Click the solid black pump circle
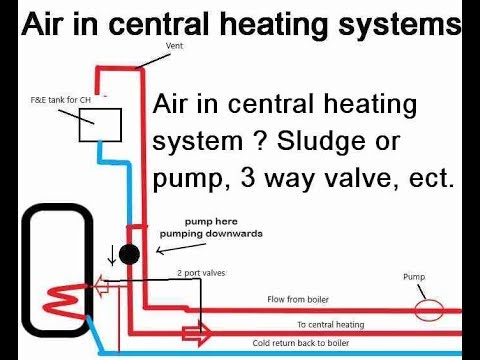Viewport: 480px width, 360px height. [x=129, y=254]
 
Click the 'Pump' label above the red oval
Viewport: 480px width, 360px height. [x=414, y=275]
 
